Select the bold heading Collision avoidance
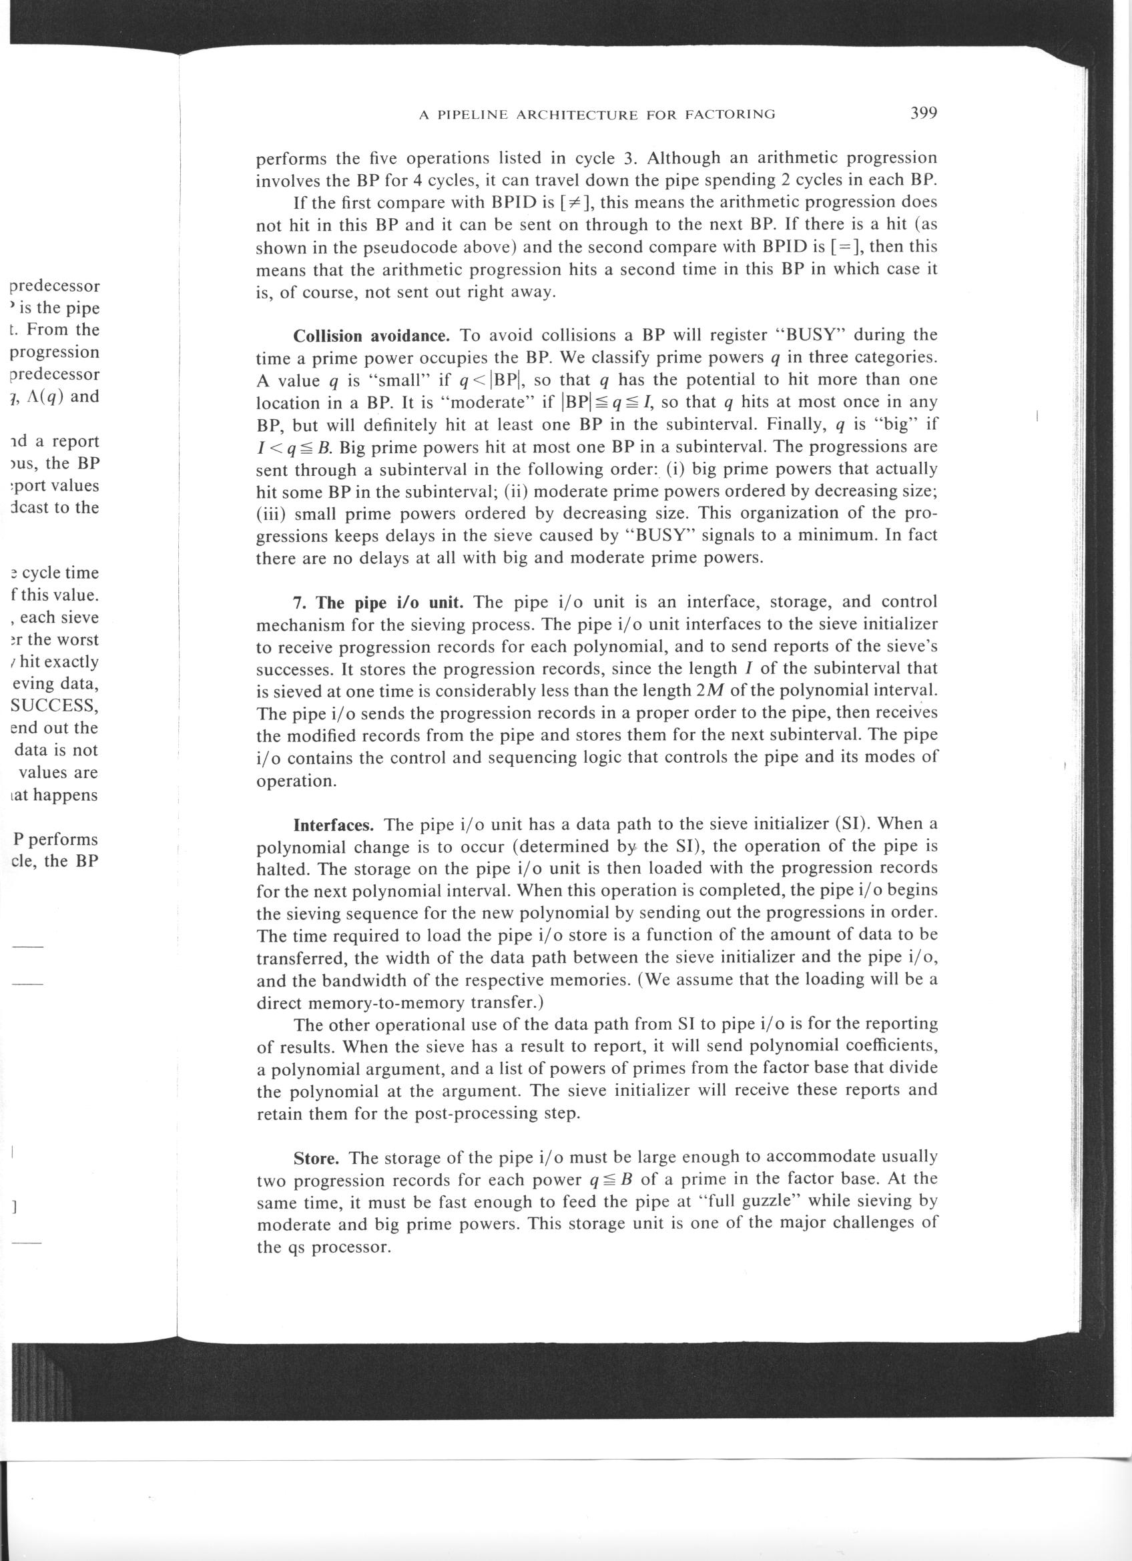(372, 336)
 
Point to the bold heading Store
(316, 1159)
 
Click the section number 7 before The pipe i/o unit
(298, 603)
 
